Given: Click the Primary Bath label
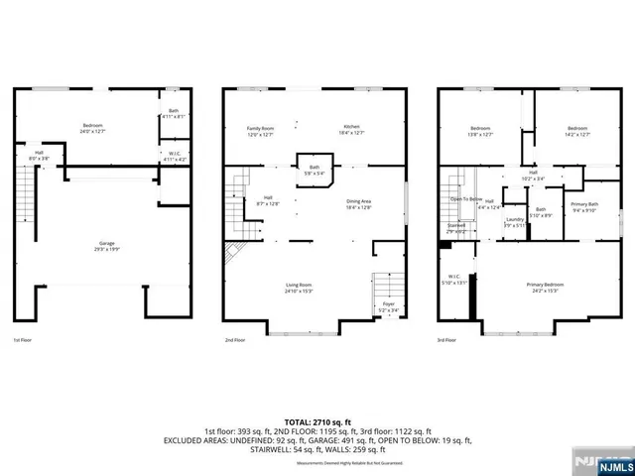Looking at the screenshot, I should pos(584,206).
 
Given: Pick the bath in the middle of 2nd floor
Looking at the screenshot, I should pos(315,170).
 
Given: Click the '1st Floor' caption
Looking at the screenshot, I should pos(23,340).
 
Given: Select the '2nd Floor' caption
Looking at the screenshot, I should pos(234,340).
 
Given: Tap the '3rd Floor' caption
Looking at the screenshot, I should pos(446,340).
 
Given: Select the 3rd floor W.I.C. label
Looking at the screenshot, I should pos(456,279).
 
